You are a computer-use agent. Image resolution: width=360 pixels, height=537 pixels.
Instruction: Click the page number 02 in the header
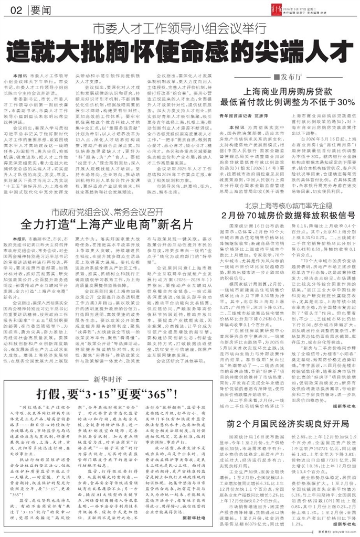16,10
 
